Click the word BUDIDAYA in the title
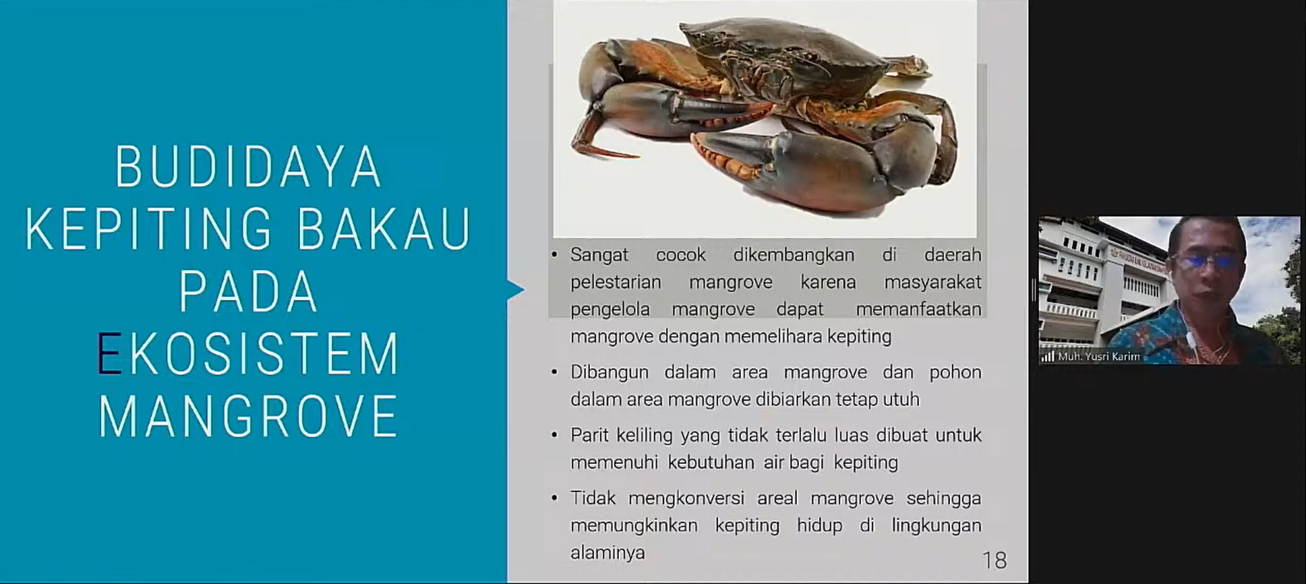(248, 167)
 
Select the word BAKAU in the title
(384, 228)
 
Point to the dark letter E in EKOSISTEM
(108, 353)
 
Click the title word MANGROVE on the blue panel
(248, 416)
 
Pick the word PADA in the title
(248, 291)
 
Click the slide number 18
(994, 560)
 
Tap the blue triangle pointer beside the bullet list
(515, 290)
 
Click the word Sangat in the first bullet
(599, 255)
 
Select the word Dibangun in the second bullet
(609, 373)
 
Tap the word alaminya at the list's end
(607, 553)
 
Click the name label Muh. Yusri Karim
(1099, 357)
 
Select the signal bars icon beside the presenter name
(1048, 357)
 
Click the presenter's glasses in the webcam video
(1208, 261)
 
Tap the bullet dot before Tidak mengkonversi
(554, 498)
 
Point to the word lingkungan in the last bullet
(936, 526)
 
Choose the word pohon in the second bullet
(955, 373)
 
